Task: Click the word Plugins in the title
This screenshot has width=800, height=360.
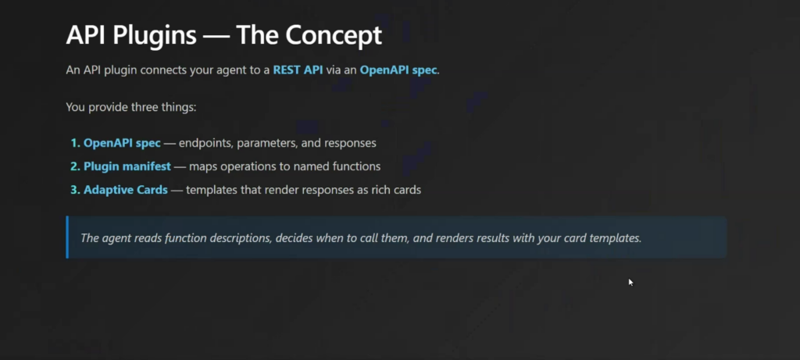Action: point(155,36)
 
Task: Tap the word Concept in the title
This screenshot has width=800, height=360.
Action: point(334,35)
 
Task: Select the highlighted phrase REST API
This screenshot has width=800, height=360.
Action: point(298,70)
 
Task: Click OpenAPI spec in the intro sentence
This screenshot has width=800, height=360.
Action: point(398,70)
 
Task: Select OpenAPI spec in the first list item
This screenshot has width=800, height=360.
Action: point(122,143)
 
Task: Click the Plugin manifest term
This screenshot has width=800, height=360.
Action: point(127,167)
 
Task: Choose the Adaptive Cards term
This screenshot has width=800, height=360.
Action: point(126,191)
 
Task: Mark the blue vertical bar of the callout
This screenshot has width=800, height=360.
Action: point(67,237)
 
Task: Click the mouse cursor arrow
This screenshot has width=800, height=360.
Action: point(630,282)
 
